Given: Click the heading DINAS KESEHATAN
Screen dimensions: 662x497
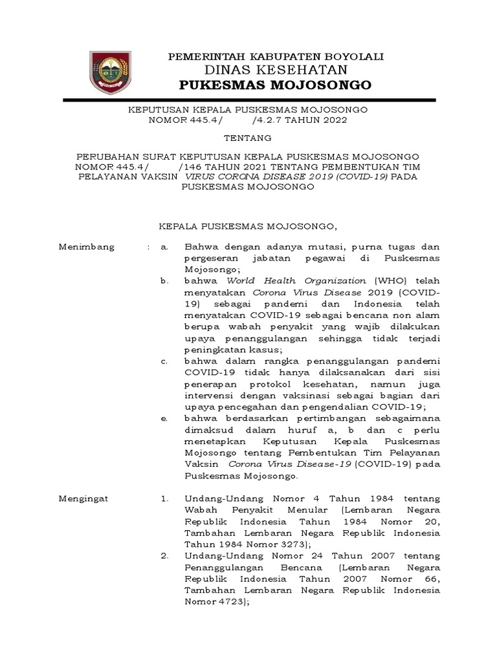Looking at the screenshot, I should (276, 70).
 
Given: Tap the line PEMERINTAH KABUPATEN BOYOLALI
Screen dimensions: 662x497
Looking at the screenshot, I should (276, 57).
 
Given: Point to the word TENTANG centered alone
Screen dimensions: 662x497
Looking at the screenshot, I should (248, 138).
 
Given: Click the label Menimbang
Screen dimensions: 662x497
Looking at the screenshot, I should (87, 247).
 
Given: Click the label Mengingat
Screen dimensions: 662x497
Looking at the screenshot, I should (85, 499).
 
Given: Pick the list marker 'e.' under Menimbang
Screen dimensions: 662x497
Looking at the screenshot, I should (165, 418).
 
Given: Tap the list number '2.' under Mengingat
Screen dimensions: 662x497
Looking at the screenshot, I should (165, 556).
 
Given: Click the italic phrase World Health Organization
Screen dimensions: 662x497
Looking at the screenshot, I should (296, 281).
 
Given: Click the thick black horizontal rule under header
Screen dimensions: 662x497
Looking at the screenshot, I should (248, 100).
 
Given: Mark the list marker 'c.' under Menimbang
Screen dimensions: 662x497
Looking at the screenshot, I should (165, 361).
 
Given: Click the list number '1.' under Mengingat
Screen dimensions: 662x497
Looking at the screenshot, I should (165, 499).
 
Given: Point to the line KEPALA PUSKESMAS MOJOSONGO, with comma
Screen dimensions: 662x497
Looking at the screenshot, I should (249, 227).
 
